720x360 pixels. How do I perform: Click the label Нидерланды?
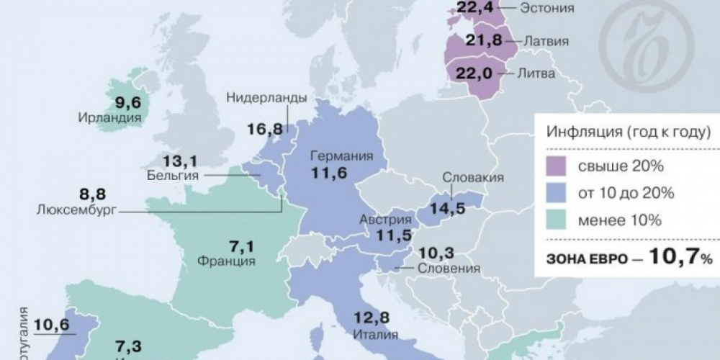click(x=267, y=98)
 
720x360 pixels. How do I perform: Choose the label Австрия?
click(x=381, y=220)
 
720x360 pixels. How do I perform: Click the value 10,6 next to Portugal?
click(x=51, y=324)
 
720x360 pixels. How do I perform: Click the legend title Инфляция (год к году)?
click(x=629, y=132)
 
